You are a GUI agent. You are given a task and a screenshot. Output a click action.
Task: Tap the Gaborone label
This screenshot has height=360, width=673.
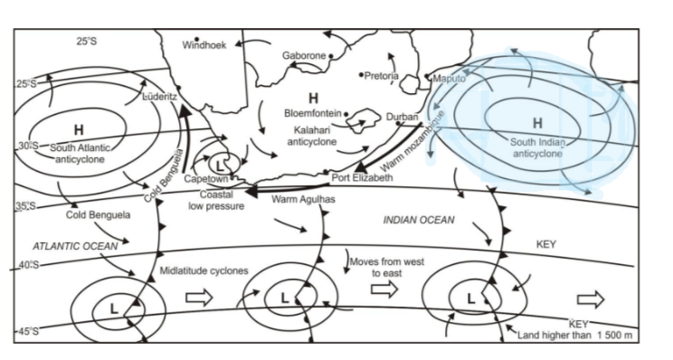(303, 55)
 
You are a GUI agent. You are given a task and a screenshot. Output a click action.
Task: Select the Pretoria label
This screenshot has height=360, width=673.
(380, 76)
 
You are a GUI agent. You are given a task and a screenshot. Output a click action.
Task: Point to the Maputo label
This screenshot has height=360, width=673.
(449, 79)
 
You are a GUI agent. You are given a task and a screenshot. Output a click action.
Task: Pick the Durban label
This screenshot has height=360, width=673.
(403, 118)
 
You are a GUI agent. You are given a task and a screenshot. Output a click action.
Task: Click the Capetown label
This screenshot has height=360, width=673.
(205, 179)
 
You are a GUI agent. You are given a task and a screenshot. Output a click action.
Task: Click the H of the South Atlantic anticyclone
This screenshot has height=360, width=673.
(79, 128)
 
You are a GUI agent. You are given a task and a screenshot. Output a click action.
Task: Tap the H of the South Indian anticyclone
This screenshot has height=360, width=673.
(537, 123)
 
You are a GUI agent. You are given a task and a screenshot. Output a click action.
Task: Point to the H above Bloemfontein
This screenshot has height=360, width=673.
(313, 97)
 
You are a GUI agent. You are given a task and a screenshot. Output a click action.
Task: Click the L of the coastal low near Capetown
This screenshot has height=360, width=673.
(221, 166)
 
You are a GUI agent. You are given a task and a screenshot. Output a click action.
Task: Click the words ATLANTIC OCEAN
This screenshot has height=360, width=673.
(70, 245)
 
